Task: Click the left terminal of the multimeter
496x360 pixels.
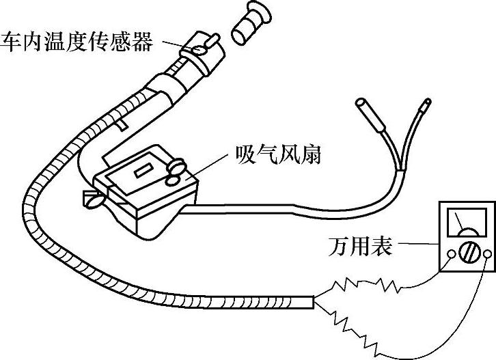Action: click(x=450, y=255)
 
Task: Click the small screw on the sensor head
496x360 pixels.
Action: click(x=199, y=49)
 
